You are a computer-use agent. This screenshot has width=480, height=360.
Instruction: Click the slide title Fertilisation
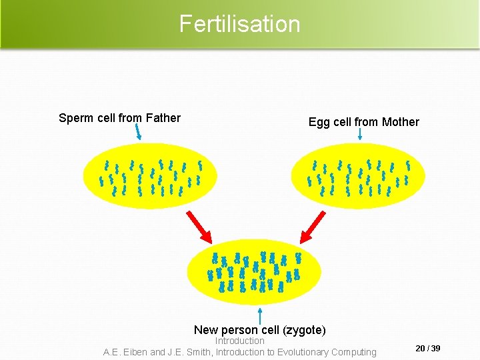pyautogui.click(x=239, y=24)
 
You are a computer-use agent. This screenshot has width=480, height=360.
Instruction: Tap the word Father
pyautogui.click(x=163, y=118)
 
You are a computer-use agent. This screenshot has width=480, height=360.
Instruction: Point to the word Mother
pyautogui.click(x=400, y=122)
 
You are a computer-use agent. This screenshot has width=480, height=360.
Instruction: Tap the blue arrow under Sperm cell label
pyautogui.click(x=138, y=132)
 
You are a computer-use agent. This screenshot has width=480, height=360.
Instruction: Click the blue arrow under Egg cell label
pyautogui.click(x=360, y=135)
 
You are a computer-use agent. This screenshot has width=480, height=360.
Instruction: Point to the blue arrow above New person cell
pyautogui.click(x=259, y=315)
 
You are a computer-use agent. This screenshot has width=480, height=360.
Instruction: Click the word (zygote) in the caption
pyautogui.click(x=304, y=330)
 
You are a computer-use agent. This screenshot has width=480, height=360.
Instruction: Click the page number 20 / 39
pyautogui.click(x=427, y=349)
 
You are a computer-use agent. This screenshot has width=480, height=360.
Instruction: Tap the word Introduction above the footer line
pyautogui.click(x=239, y=341)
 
